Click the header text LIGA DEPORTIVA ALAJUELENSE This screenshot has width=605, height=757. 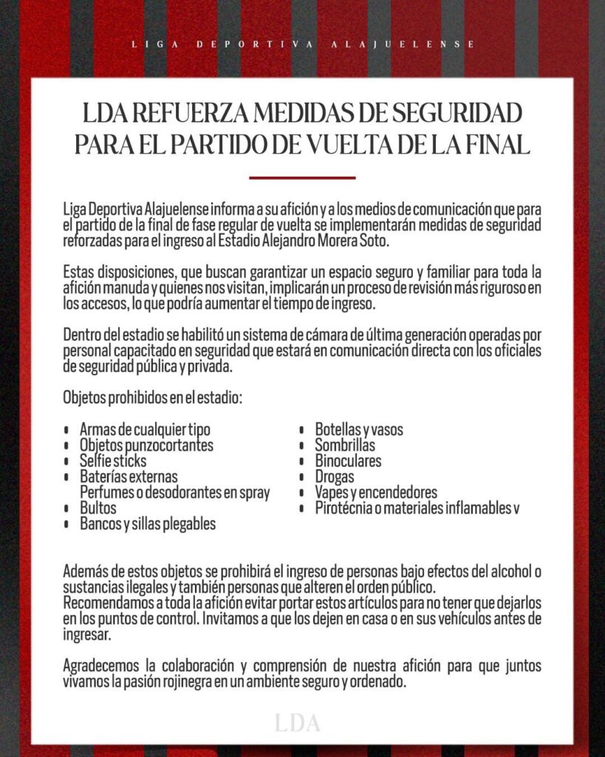[x=303, y=44]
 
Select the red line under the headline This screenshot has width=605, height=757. [x=302, y=177]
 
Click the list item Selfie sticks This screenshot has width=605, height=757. [x=113, y=461]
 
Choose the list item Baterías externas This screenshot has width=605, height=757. [x=129, y=477]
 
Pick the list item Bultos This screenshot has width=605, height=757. [x=98, y=509]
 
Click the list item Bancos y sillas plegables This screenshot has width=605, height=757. [x=148, y=524]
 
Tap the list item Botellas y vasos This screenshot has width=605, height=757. [x=359, y=430]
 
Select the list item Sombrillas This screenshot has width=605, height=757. [x=345, y=445]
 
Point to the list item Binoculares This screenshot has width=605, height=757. [x=348, y=461]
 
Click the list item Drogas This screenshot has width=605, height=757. [x=335, y=477]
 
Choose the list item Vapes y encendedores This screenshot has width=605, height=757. [x=376, y=492]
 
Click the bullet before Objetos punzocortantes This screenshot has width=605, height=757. [x=67, y=446]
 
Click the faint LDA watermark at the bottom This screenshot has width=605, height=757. [x=298, y=723]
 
